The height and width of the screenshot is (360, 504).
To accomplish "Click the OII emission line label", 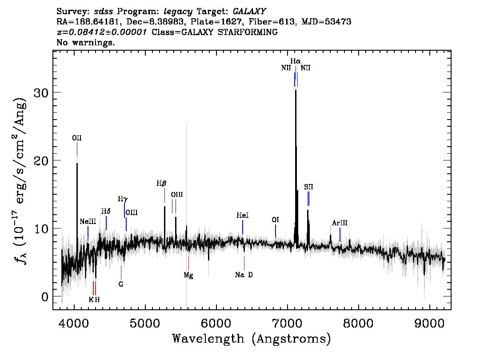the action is (77, 138).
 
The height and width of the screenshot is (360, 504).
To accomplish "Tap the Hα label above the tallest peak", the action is (296, 61).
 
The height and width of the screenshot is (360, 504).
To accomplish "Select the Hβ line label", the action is (162, 184).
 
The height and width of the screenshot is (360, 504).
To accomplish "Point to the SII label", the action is (308, 187).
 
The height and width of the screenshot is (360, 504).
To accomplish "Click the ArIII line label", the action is (340, 223).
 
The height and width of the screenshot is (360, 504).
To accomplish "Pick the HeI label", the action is (243, 215).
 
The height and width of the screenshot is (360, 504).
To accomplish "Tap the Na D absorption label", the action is (244, 275).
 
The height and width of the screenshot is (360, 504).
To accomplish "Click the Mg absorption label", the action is (188, 276).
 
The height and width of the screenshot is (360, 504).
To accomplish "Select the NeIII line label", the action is (88, 221).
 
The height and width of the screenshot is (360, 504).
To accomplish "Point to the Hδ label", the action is (106, 211).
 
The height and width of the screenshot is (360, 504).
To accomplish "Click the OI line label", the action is (276, 220).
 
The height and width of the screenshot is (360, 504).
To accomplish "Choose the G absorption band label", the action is (121, 284).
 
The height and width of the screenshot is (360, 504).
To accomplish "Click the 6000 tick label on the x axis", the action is (216, 323).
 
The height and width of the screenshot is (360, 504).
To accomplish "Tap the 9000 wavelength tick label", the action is (429, 323).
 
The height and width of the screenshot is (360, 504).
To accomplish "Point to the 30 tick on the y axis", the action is (41, 92).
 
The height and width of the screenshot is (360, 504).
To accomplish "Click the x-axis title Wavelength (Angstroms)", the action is (252, 339).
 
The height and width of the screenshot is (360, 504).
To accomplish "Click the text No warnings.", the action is (85, 42).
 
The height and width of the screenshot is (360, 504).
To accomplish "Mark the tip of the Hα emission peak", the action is (296, 90).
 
